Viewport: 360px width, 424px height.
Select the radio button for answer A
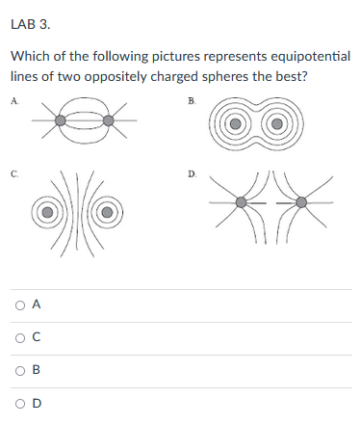point(20,305)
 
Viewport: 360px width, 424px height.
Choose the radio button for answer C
point(20,338)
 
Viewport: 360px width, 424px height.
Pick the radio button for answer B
point(20,371)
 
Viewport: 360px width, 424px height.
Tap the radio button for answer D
point(20,404)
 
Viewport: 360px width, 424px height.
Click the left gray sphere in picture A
point(61,121)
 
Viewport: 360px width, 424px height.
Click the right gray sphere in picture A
point(109,121)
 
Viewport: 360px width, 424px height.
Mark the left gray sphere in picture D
point(242,203)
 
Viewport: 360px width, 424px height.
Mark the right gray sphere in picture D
point(302,203)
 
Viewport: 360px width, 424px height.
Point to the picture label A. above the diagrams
point(14,99)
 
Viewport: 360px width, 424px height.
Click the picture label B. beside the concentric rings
point(192,99)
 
